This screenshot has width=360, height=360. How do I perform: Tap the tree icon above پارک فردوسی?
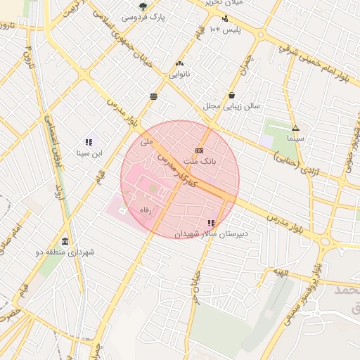[x=143, y=6]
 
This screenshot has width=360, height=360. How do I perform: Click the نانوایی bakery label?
[x=179, y=73]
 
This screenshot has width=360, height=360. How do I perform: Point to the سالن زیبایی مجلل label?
[x=232, y=106]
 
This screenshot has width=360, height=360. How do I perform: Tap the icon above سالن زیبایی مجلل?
[x=232, y=96]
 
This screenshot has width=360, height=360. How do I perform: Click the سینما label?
[x=295, y=139]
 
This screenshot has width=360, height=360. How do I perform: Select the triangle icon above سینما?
[x=295, y=129]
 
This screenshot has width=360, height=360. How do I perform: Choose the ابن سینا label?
[x=89, y=153]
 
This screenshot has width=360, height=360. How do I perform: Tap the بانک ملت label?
[x=200, y=162]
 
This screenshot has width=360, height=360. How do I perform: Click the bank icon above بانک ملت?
[x=200, y=150]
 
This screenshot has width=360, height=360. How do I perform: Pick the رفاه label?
[x=146, y=210]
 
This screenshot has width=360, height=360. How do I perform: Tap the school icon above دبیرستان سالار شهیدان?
[x=211, y=223]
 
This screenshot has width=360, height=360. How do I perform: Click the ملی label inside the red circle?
[x=146, y=141]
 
